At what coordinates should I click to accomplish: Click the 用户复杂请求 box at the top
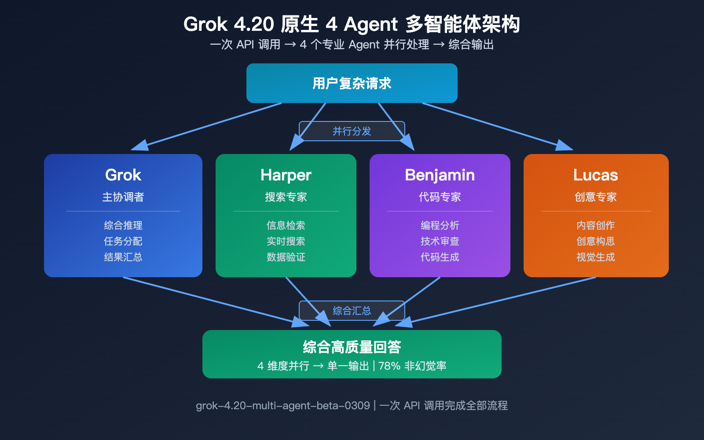pyautogui.click(x=352, y=83)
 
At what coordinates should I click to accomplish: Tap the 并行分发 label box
pyautogui.click(x=352, y=131)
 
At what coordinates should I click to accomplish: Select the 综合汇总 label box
pyautogui.click(x=352, y=311)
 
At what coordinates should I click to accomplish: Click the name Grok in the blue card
pyautogui.click(x=123, y=175)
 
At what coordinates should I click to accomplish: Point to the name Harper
pyautogui.click(x=286, y=175)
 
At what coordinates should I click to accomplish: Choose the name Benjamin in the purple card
pyautogui.click(x=440, y=175)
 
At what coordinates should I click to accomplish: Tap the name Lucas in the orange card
pyautogui.click(x=595, y=175)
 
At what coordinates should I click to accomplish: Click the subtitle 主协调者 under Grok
pyautogui.click(x=123, y=197)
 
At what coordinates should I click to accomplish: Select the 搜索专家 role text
pyautogui.click(x=286, y=197)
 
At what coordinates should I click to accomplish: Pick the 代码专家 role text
pyautogui.click(x=440, y=197)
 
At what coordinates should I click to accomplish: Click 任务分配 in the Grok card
pyautogui.click(x=123, y=241)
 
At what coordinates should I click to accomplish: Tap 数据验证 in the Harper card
pyautogui.click(x=286, y=257)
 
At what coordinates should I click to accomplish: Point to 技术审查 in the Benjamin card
pyautogui.click(x=440, y=241)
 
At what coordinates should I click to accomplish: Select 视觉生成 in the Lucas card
pyautogui.click(x=595, y=257)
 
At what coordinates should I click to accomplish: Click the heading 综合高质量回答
pyautogui.click(x=352, y=347)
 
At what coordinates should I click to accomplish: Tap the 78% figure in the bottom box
pyautogui.click(x=389, y=366)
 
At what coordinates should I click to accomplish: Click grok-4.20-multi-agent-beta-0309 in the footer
pyautogui.click(x=282, y=406)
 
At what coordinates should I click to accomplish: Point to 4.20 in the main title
pyautogui.click(x=254, y=24)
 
